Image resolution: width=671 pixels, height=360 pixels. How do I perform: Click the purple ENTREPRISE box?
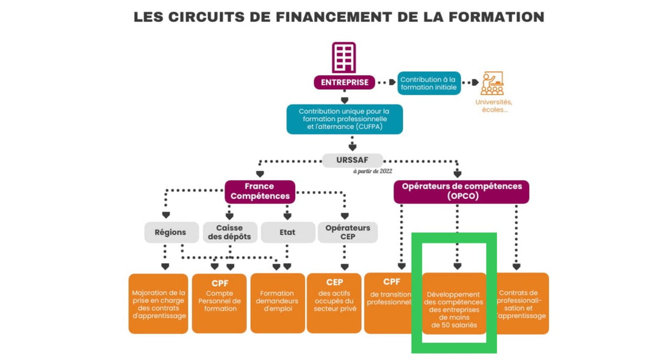click(x=345, y=82)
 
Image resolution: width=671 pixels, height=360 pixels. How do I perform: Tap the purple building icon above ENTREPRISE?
click(x=344, y=57)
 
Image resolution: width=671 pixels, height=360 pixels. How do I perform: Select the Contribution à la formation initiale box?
click(x=428, y=83)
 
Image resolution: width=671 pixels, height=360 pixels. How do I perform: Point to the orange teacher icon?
click(x=492, y=83)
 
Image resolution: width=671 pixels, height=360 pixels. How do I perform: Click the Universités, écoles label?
click(x=493, y=106)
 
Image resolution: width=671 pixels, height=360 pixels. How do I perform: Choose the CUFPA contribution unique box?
click(x=345, y=119)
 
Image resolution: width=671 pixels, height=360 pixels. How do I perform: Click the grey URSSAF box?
click(x=353, y=160)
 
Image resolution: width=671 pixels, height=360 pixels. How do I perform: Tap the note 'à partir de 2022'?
click(x=372, y=171)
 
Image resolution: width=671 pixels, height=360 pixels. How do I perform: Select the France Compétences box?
click(x=259, y=191)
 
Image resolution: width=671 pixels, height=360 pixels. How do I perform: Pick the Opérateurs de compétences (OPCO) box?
click(x=461, y=191)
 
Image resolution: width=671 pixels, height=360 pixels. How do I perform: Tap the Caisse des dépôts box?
click(x=229, y=232)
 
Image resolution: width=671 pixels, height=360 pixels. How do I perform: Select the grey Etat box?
click(x=287, y=232)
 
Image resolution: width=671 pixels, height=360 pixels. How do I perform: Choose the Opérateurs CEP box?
click(x=347, y=232)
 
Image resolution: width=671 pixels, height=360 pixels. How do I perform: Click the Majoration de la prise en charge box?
click(x=158, y=303)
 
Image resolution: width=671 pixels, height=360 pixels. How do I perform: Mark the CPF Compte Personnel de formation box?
click(x=220, y=303)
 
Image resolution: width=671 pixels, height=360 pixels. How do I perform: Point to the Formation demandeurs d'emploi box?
click(x=277, y=303)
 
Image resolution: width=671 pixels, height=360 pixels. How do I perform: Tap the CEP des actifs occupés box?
click(x=334, y=303)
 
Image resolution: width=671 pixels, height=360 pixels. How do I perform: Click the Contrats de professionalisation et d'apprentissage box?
click(x=523, y=303)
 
